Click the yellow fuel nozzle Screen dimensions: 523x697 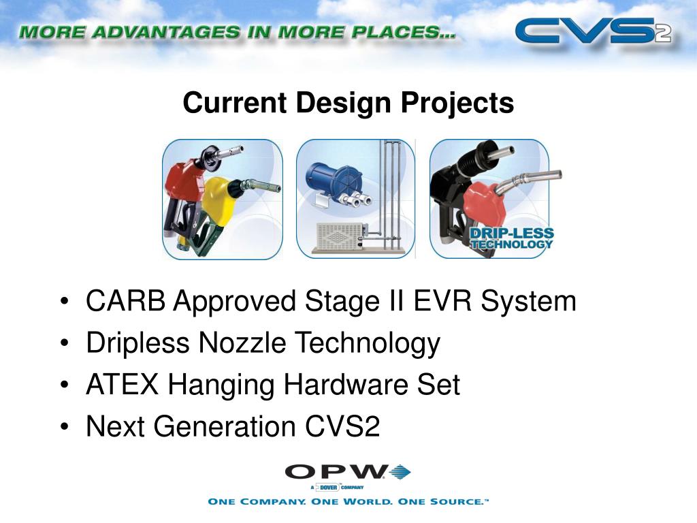(x=225, y=197)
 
